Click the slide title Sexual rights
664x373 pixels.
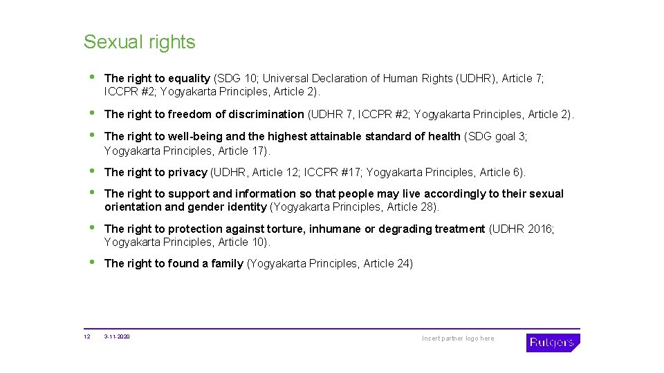139,42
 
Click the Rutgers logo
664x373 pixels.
553,343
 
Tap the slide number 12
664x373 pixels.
86,337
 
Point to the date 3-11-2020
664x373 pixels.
117,337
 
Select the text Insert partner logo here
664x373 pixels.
458,338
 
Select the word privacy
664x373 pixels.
187,172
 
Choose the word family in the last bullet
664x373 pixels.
227,263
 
